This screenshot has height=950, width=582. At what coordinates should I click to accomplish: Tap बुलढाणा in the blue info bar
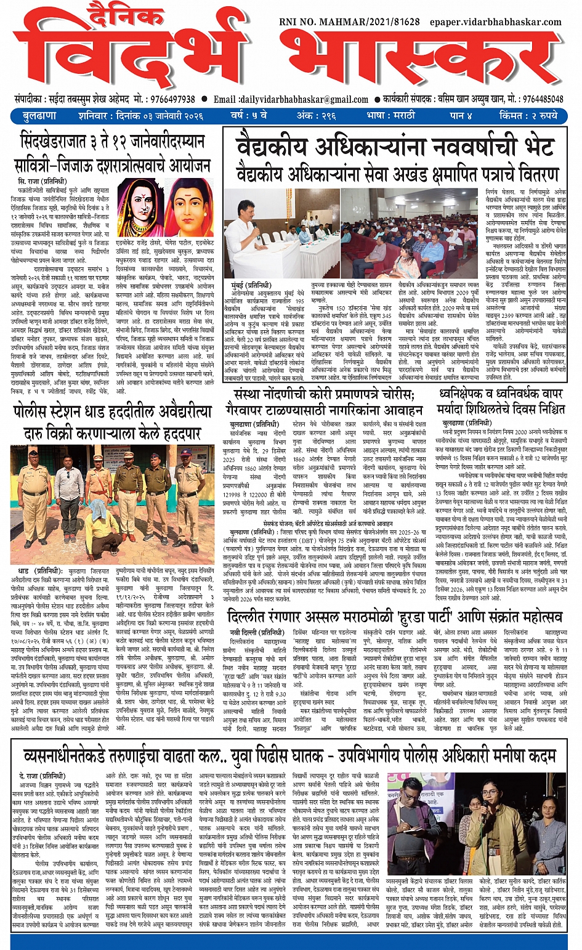pyautogui.click(x=39, y=116)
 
